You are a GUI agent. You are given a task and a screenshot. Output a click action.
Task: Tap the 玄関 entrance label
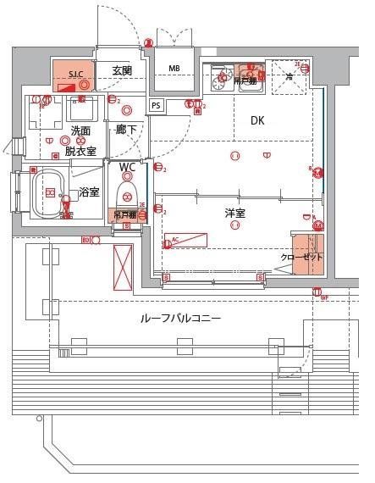pos(122,71)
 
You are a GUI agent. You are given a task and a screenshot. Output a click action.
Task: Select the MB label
pos(174,69)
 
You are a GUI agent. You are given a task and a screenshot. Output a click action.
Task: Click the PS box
pos(156,106)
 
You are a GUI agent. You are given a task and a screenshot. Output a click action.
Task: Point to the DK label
pos(257,122)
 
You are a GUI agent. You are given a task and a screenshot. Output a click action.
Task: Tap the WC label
pos(127,167)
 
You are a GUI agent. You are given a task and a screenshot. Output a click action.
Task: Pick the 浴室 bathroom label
pos(89,193)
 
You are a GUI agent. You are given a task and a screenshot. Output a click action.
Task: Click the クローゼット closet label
pos(302,258)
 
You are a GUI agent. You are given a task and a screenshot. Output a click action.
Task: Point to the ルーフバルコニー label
pos(180,319)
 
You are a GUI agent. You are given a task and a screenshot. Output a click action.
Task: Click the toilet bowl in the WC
pos(126,193)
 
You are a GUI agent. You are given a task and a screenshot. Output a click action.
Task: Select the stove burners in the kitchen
pos(222,80)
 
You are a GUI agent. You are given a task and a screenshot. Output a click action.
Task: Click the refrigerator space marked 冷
pos(288,77)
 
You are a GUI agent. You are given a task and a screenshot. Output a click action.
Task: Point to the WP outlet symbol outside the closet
pos(323,296)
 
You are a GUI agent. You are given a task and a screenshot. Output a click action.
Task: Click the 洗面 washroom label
pos(80,131)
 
